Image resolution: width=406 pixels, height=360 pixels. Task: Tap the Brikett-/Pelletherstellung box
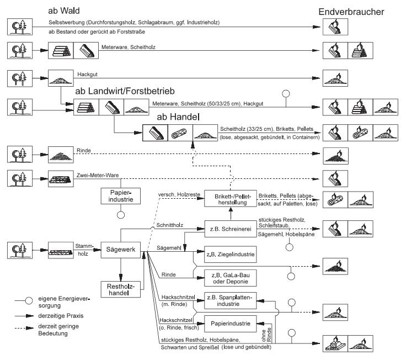coord(229,199)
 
